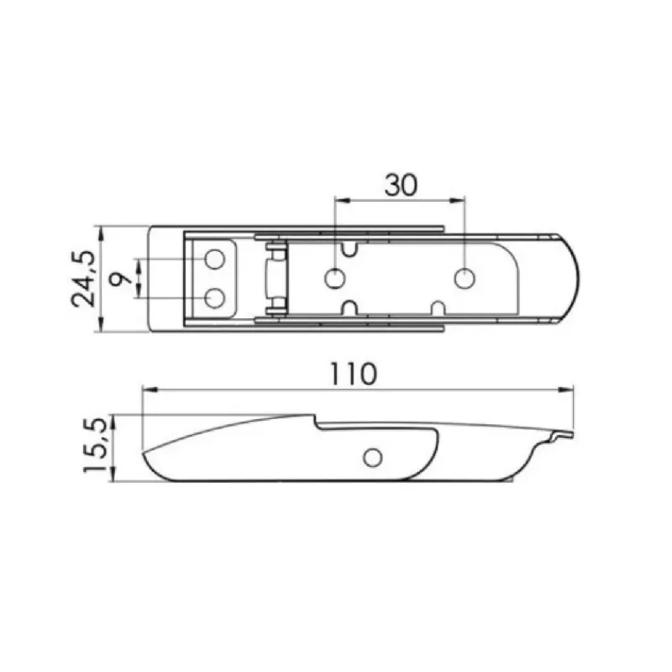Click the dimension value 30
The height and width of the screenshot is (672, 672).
point(401,185)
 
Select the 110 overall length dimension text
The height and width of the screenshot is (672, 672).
point(353,374)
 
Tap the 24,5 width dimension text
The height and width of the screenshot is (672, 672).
point(82,279)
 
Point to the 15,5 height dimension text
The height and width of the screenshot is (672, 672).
point(94,445)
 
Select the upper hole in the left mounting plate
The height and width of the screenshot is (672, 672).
point(215,260)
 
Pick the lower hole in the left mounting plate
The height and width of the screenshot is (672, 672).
point(215,298)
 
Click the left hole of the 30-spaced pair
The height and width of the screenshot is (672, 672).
point(335,279)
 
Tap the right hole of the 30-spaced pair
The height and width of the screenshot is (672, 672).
point(465,279)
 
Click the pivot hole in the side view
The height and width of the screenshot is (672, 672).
point(372,457)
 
